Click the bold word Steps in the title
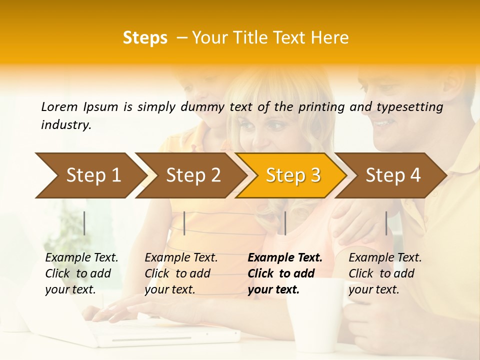[145, 38]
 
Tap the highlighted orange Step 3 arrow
[292, 175]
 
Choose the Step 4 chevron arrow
[392, 175]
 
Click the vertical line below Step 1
[84, 223]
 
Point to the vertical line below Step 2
[184, 223]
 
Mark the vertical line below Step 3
[285, 223]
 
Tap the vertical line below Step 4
[386, 223]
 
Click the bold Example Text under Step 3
[285, 258]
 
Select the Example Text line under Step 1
[81, 258]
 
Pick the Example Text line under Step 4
[385, 258]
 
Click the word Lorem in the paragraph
[59, 107]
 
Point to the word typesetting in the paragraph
[409, 107]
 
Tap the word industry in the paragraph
[66, 125]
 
